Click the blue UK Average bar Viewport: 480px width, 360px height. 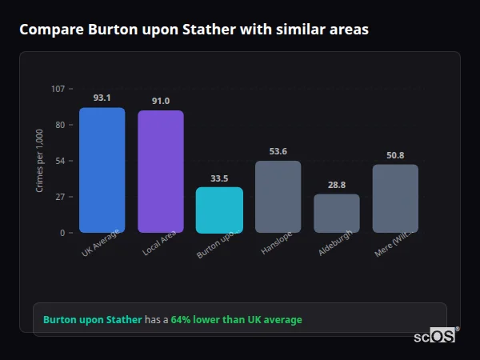point(102,170)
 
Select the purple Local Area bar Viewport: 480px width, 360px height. point(160,172)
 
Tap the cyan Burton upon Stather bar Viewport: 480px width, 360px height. point(219,210)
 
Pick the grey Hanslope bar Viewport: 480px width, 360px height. point(278,197)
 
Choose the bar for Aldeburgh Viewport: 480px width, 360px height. point(336,214)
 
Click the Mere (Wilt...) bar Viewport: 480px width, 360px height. point(395,198)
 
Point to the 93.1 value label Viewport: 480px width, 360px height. point(102,98)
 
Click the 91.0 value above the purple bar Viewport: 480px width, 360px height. point(160,101)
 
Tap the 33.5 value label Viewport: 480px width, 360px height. point(219,178)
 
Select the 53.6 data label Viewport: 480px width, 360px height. point(278,151)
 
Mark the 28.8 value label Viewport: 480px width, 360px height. point(336,185)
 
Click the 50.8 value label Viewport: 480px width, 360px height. point(395,155)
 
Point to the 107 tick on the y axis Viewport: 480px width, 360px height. point(58,89)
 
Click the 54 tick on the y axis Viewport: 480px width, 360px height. point(61,161)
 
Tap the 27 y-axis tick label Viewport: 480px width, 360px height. point(61,197)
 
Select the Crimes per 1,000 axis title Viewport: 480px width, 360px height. point(40,161)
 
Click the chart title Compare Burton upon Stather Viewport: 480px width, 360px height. point(194,30)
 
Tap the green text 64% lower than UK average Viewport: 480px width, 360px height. point(236,320)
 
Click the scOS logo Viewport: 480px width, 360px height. point(435,336)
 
